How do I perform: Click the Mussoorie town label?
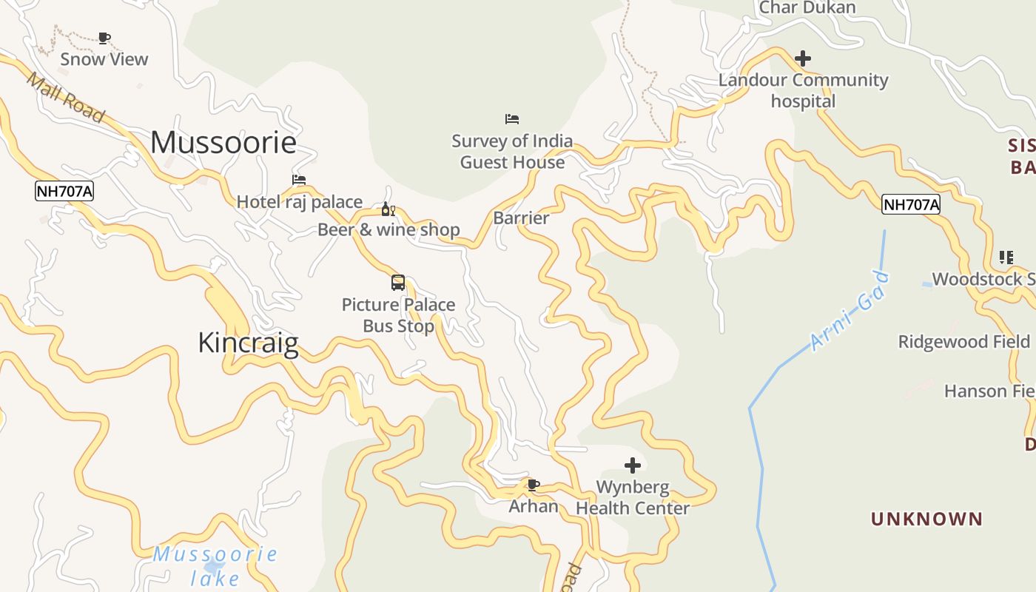223,142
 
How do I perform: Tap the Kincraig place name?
249,343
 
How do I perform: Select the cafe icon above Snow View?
104,38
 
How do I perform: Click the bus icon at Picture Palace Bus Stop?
398,282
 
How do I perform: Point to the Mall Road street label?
65,97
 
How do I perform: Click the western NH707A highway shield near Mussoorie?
64,192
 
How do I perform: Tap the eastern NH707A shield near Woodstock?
911,205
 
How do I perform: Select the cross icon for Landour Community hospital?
803,58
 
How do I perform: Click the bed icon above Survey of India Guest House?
512,118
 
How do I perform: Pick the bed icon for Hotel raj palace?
299,179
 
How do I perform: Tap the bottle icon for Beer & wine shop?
388,209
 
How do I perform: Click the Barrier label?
521,218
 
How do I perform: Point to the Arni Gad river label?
850,312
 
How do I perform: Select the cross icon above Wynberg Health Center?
633,465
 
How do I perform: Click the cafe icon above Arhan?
533,485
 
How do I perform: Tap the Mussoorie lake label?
215,565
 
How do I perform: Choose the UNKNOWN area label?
926,519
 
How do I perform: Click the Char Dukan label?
807,8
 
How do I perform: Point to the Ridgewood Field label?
963,342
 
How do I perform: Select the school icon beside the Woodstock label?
1006,258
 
